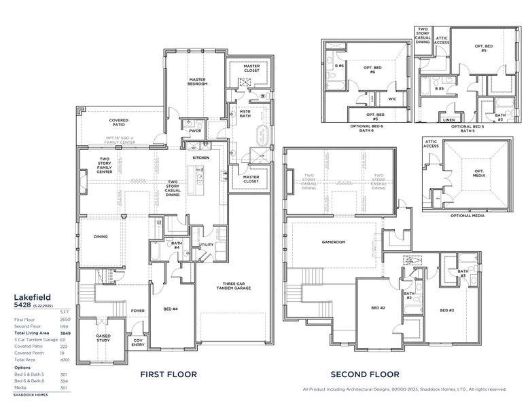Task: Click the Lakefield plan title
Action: coord(32,297)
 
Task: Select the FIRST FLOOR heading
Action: coord(169,374)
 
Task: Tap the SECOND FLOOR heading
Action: coord(365,374)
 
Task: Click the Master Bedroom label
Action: coord(197,81)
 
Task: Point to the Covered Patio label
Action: coord(119,123)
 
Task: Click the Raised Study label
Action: coord(103,337)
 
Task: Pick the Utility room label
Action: coord(207,245)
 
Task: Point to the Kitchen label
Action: coord(201,157)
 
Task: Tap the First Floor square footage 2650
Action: coord(65,319)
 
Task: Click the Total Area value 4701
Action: coord(65,359)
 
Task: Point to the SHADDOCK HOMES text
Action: coord(32,393)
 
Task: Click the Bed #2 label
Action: coord(379,309)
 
